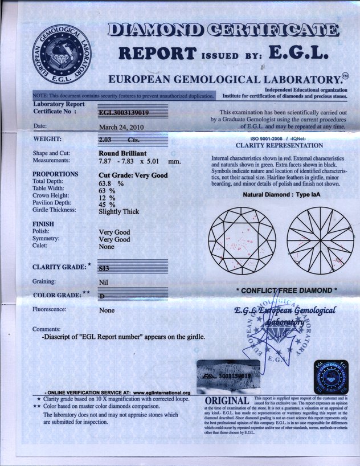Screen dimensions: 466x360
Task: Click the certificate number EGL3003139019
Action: coord(124,112)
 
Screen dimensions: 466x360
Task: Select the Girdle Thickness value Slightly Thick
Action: coord(118,211)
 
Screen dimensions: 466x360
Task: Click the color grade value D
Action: coord(101,296)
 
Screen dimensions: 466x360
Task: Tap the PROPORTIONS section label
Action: coord(55,174)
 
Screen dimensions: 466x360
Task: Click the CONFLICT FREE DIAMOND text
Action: coord(287,291)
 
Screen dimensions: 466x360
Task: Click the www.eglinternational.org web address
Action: coord(161,393)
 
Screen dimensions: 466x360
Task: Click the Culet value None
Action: coord(107,248)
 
